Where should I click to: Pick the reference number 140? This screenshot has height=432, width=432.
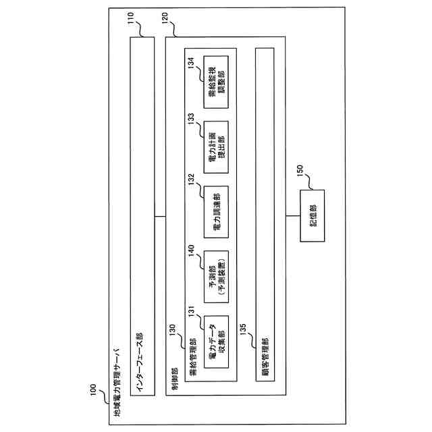191,248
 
